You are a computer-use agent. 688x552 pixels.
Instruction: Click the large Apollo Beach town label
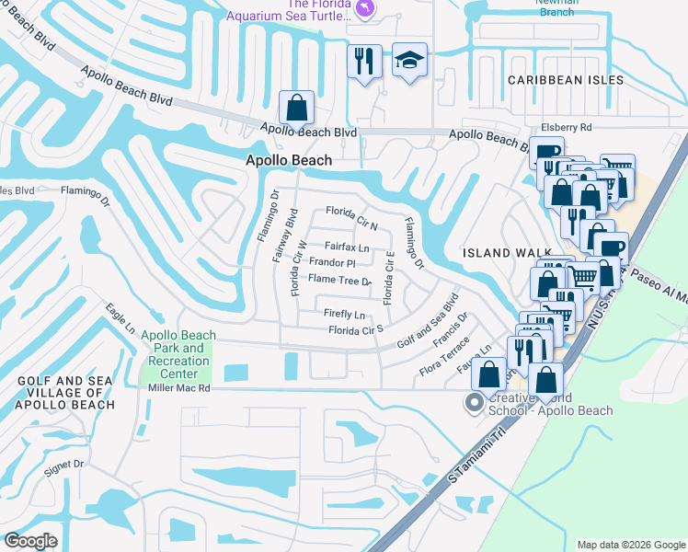(288, 160)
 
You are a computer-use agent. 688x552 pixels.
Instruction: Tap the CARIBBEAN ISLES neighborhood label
(566, 80)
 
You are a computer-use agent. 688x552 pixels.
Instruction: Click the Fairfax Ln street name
(346, 247)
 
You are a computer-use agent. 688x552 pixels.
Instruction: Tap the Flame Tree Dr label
(339, 280)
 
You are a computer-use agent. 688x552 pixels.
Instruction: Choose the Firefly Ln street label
(345, 314)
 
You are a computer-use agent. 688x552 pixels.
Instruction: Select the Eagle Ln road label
(120, 318)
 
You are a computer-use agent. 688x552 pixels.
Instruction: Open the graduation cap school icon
(409, 60)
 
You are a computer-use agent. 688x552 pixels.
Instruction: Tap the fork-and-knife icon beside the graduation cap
(364, 61)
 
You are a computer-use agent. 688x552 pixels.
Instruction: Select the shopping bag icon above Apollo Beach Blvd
(297, 108)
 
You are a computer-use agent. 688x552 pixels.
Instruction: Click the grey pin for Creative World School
(475, 402)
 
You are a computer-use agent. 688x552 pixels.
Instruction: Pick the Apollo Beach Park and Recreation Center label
(179, 354)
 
